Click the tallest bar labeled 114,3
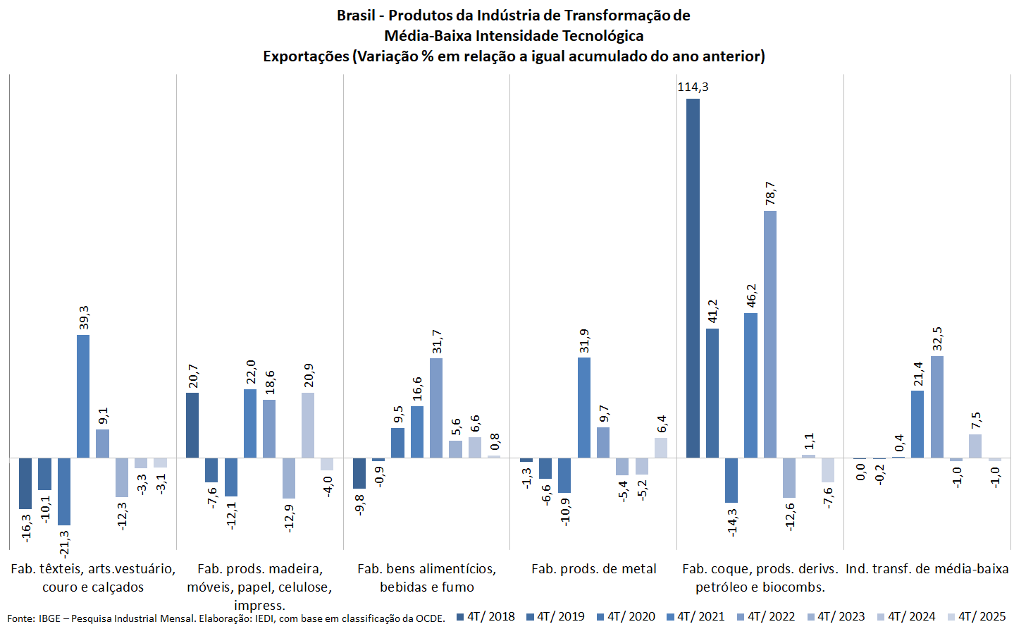(693, 278)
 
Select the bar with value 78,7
(770, 334)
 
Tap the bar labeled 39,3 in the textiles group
(83, 396)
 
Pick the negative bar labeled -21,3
(64, 491)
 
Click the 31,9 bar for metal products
(584, 408)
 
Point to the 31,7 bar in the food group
(436, 408)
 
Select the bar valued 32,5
(936, 407)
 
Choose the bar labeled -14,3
(731, 480)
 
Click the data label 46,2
(751, 295)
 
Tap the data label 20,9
(309, 375)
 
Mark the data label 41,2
(712, 311)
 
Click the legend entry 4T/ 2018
(486, 616)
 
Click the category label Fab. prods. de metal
(593, 569)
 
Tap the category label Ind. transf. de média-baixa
(927, 569)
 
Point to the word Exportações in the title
(306, 56)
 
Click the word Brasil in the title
(356, 16)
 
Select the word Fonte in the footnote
(20, 618)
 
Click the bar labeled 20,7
(192, 425)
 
